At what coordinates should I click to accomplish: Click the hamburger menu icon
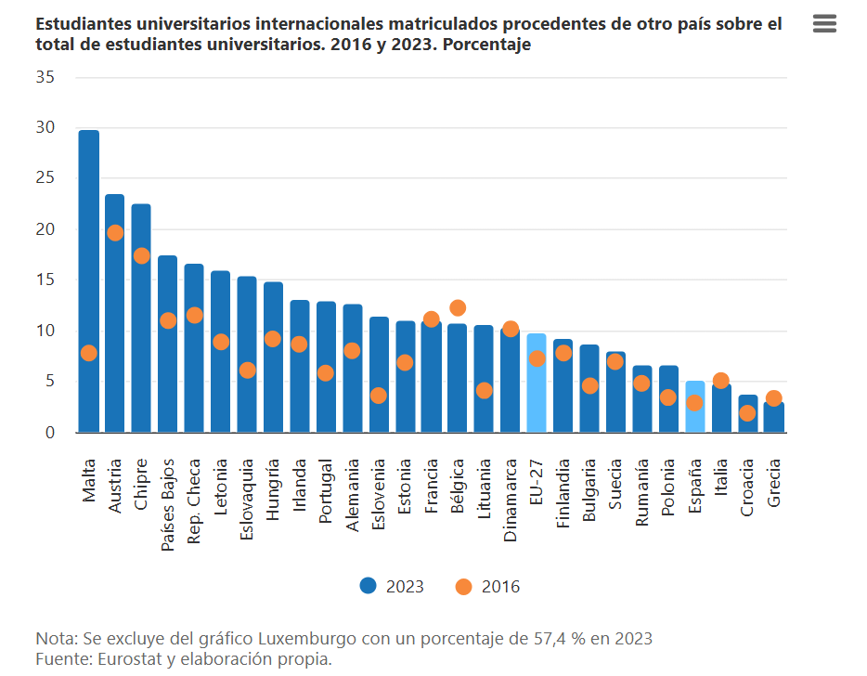tap(824, 24)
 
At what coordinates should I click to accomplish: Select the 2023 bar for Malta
tap(89, 279)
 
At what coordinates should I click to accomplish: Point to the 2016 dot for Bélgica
tap(458, 307)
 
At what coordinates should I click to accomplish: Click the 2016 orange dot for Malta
tap(89, 353)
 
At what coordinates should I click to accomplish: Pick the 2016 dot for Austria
tap(115, 232)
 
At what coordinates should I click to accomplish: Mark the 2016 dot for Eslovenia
tap(379, 396)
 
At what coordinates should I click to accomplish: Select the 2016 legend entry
tap(488, 586)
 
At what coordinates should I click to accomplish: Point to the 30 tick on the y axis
tap(45, 127)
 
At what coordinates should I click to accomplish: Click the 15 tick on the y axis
tap(45, 279)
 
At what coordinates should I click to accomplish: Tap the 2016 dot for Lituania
tap(484, 391)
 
